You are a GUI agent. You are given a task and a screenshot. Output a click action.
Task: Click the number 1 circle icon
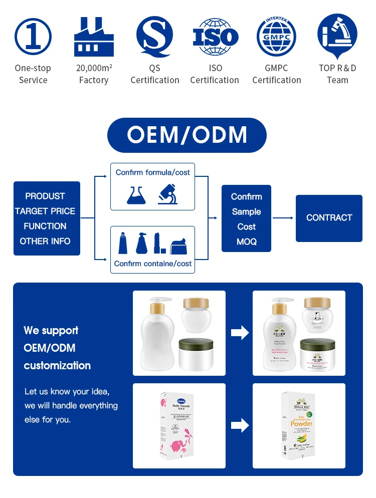(33, 37)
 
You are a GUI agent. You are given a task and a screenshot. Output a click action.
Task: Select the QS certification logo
(154, 37)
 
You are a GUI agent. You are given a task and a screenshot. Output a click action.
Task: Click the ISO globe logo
(215, 37)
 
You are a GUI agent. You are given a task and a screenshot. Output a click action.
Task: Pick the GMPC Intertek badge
(277, 37)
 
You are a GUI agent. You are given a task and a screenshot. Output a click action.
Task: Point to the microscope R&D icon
(337, 37)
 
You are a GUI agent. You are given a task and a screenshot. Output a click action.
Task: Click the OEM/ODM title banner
(187, 135)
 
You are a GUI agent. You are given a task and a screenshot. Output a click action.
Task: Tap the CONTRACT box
(329, 218)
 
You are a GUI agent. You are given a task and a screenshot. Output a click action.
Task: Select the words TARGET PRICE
(45, 211)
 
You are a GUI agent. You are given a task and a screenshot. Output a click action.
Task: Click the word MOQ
(246, 241)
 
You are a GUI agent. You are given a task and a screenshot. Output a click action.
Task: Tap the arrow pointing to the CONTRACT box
(283, 218)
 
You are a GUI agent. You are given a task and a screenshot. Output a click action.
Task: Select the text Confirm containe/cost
(153, 264)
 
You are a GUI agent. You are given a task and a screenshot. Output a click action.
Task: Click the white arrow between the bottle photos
(240, 333)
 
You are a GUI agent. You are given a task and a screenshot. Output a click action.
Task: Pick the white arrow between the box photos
(240, 425)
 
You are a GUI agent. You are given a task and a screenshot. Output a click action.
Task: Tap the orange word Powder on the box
(301, 424)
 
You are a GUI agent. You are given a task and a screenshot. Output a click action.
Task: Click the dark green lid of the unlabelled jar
(196, 345)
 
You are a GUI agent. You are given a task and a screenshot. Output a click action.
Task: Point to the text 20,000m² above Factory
(94, 68)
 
